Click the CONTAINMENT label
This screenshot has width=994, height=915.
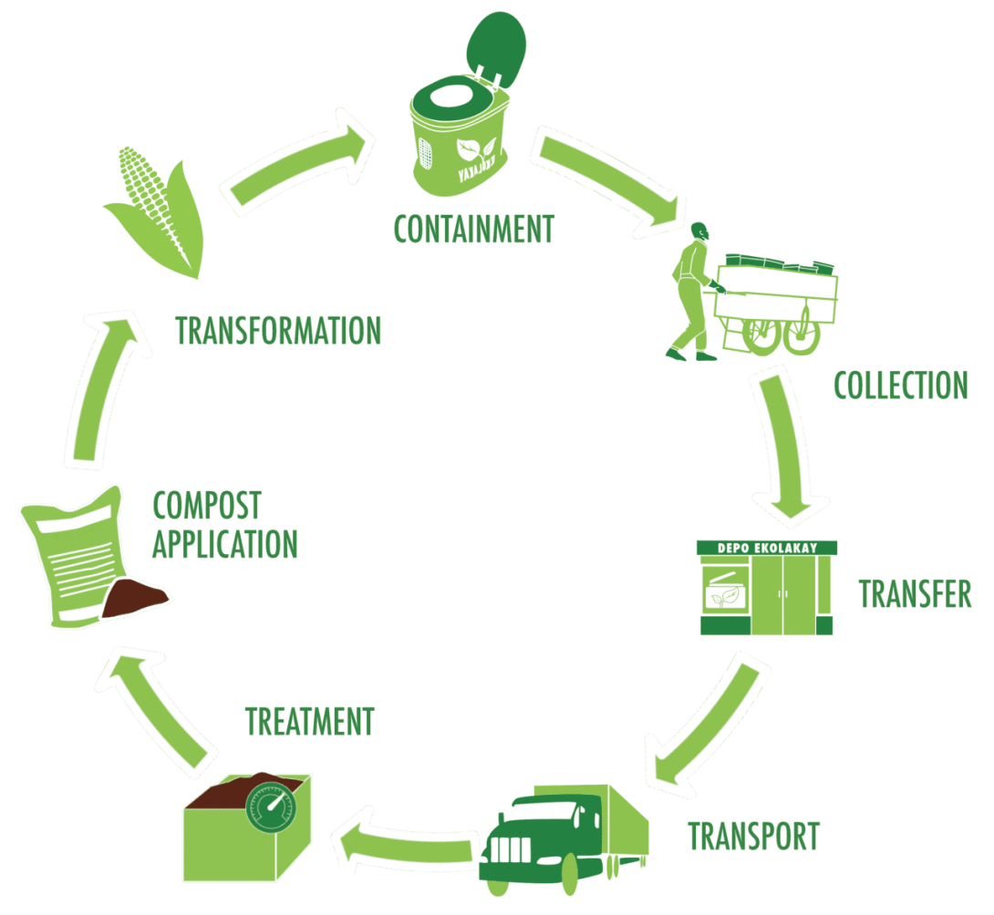coord(473,228)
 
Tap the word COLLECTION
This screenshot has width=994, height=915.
coord(900,385)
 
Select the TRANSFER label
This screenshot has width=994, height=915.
coord(915,594)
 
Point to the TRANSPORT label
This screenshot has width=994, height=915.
coord(753,835)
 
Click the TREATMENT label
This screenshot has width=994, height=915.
coord(309,722)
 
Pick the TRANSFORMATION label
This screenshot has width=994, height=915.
coord(278,331)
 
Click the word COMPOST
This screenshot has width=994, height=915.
coord(207,505)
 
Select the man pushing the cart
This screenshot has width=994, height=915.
coord(691,292)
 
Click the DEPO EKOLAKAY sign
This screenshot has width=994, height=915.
coord(765,547)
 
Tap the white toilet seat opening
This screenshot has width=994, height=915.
coord(452,94)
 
